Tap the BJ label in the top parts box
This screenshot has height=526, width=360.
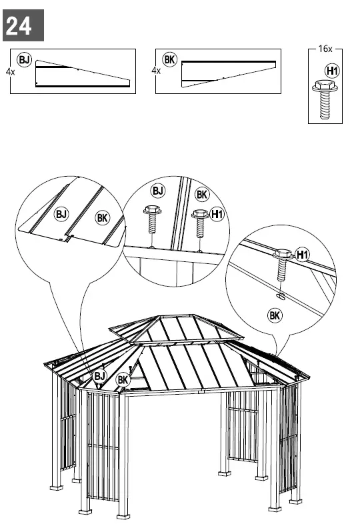pos(25,61)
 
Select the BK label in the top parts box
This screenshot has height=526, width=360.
pos(170,60)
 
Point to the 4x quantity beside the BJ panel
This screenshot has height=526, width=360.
pos(10,70)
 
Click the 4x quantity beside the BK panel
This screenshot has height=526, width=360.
pos(156,70)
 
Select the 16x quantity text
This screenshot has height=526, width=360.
pos(325,49)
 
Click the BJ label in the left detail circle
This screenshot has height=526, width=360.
pos(61,214)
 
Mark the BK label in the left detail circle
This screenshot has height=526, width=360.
pos(101,218)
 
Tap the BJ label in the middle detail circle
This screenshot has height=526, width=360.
pos(157,192)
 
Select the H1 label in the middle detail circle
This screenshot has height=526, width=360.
pos(217,214)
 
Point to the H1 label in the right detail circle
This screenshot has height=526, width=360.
pos(302,254)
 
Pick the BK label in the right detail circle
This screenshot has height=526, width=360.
pos(275,315)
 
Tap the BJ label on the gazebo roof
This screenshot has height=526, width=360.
pos(99,376)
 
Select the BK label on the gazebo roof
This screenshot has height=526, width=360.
pos(123,379)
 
